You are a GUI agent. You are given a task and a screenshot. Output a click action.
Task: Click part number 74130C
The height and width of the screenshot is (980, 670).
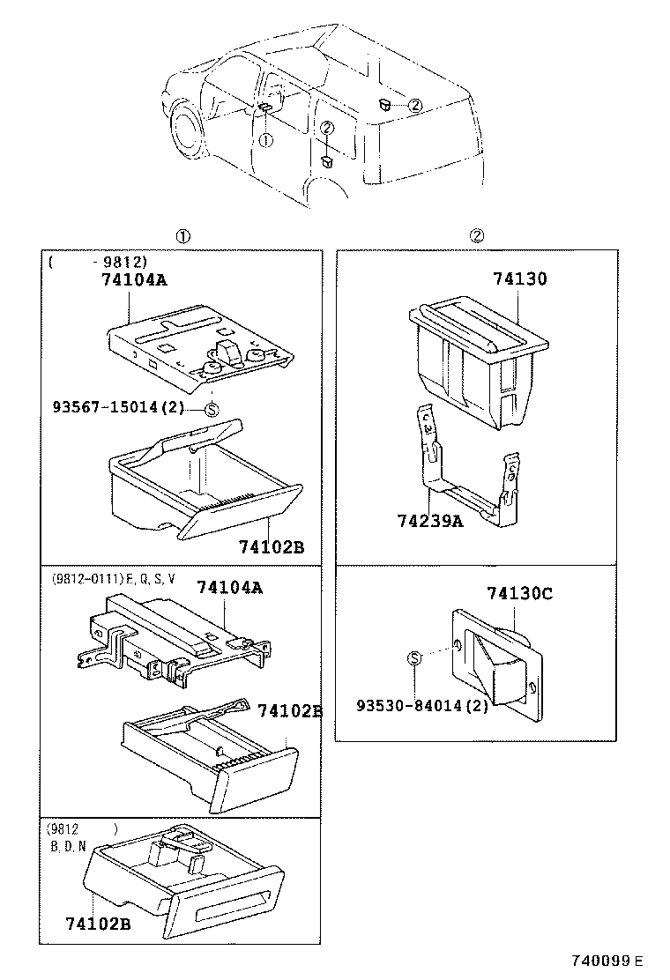point(520,593)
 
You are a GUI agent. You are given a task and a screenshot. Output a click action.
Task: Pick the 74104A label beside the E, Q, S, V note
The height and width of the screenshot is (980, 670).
point(229,588)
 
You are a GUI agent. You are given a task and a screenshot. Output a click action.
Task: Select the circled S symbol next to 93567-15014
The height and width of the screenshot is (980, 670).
point(212,408)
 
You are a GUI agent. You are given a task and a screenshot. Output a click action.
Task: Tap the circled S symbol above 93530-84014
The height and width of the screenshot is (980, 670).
point(415,657)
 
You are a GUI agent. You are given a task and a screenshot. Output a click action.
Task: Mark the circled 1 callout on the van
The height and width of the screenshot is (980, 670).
point(265,139)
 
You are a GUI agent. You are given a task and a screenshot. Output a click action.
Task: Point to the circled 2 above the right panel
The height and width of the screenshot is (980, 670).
point(476,236)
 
